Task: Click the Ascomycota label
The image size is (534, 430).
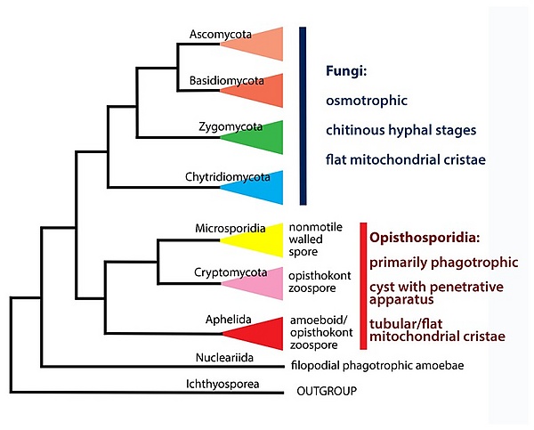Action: click(221, 35)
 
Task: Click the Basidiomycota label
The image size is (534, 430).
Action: click(226, 81)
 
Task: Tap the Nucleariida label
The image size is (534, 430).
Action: click(224, 357)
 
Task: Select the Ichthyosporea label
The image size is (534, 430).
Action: click(222, 384)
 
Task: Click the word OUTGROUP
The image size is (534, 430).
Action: click(327, 391)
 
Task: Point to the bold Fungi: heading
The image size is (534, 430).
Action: click(346, 71)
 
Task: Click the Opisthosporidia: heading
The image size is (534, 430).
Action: click(425, 238)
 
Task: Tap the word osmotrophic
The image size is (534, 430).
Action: click(367, 101)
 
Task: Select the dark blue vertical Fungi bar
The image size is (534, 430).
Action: click(303, 116)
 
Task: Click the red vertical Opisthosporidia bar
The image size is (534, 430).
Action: click(363, 286)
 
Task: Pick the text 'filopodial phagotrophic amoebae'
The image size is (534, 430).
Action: click(377, 366)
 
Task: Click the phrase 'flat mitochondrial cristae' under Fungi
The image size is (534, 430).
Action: click(406, 159)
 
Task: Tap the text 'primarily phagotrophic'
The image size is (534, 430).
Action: click(444, 263)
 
